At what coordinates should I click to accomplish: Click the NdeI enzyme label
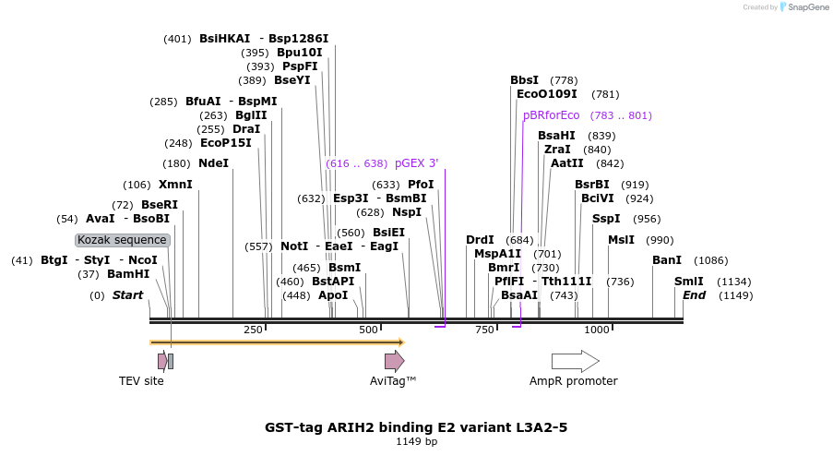click(x=213, y=163)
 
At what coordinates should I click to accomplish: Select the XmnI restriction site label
click(x=175, y=185)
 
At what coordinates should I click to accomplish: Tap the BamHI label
click(x=128, y=274)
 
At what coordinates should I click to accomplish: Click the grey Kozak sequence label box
click(x=123, y=240)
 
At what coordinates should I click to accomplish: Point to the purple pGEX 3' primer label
click(x=417, y=163)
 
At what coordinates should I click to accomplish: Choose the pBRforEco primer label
click(x=552, y=115)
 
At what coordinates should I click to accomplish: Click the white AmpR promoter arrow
click(x=575, y=361)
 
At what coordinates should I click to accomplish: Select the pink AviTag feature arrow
click(x=394, y=361)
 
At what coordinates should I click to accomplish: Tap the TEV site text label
click(x=141, y=381)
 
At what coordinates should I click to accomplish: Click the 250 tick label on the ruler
click(x=253, y=330)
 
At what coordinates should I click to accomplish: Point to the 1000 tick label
click(x=597, y=330)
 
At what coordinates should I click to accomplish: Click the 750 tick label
click(x=484, y=330)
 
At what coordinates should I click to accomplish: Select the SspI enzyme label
click(x=606, y=219)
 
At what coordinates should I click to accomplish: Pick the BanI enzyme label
click(x=667, y=260)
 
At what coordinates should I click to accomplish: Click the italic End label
click(x=694, y=295)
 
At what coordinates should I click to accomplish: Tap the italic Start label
click(x=128, y=295)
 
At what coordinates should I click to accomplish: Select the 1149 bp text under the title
click(x=416, y=441)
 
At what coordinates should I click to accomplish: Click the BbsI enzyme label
click(x=525, y=80)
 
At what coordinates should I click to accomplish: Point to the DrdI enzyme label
click(x=480, y=240)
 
